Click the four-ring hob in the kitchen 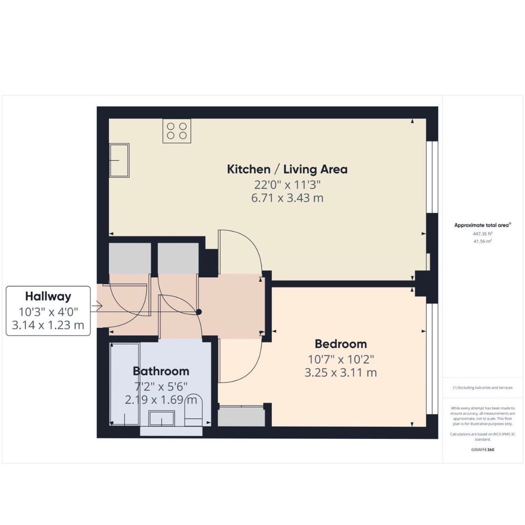[x=177, y=131]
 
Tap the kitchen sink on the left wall [x=119, y=161]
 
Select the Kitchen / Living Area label [x=287, y=169]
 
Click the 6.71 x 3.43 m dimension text [x=287, y=198]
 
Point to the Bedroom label [x=341, y=344]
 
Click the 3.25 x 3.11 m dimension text [x=341, y=373]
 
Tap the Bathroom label [x=161, y=371]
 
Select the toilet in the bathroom [x=193, y=410]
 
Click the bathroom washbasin [x=161, y=418]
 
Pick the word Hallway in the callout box [x=48, y=296]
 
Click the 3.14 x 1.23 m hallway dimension [x=48, y=325]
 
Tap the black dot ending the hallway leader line [x=199, y=312]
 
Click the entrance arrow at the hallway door [x=98, y=306]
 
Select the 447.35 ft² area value [x=482, y=234]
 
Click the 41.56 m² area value [x=482, y=241]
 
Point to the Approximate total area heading [x=482, y=226]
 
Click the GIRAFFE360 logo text [x=482, y=449]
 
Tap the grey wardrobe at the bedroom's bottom [x=242, y=417]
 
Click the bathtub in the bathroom [x=125, y=384]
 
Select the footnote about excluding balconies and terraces [x=482, y=388]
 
